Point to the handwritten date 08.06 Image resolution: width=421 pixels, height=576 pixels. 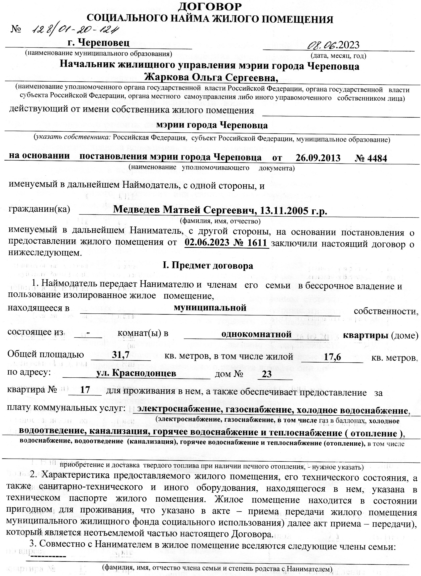pyautogui.click(x=322, y=45)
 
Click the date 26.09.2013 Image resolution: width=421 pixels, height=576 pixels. pyautogui.click(x=318, y=158)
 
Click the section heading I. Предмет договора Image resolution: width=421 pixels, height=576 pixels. pyautogui.click(x=208, y=266)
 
